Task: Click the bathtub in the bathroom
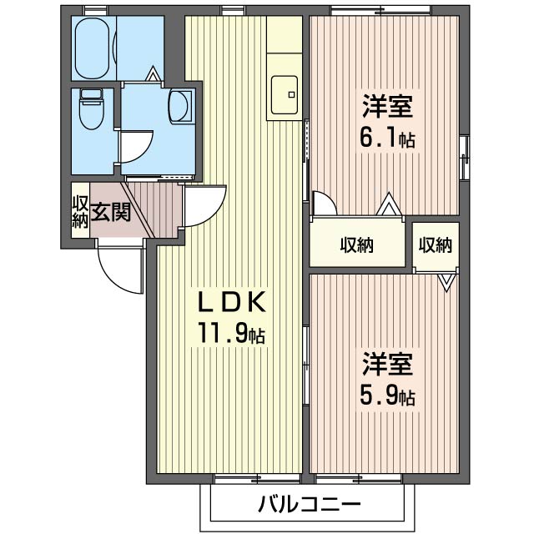(93, 48)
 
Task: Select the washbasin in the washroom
(179, 106)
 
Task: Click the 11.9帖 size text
(231, 334)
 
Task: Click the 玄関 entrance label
(110, 212)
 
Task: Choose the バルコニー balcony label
(309, 503)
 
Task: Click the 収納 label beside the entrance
(80, 212)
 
